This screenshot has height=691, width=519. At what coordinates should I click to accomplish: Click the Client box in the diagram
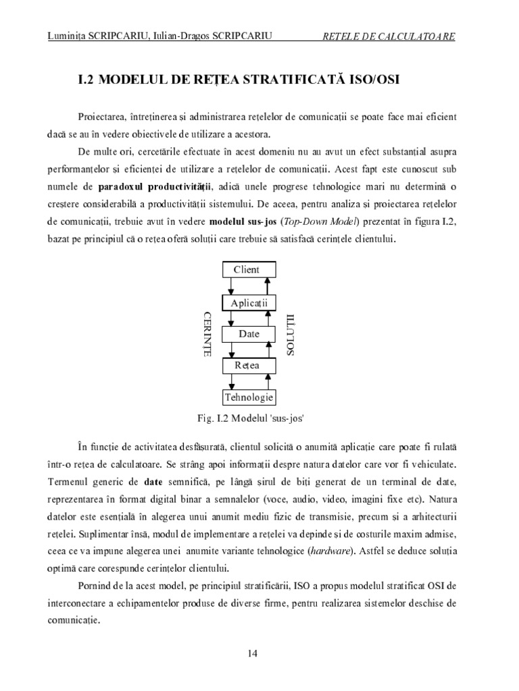(x=246, y=270)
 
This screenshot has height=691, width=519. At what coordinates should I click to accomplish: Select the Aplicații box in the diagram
(x=249, y=302)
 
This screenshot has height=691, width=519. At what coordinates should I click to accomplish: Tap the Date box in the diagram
(x=249, y=334)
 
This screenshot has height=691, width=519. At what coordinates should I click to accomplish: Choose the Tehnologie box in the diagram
(x=249, y=397)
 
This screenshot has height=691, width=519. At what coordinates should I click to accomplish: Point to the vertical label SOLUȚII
(x=291, y=333)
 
